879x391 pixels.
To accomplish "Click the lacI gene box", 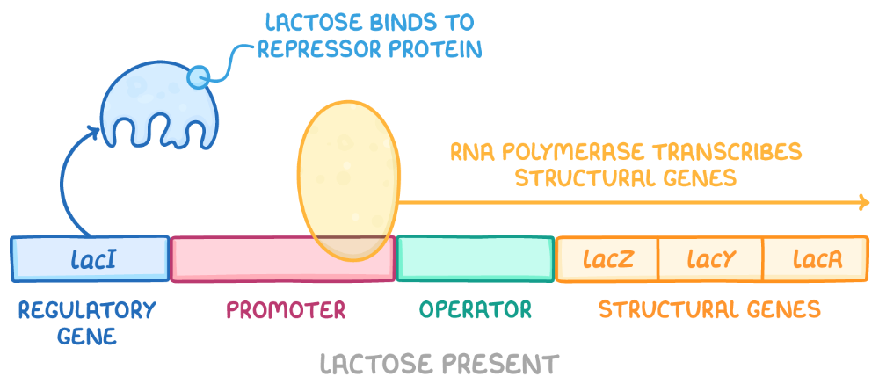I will coord(91,258).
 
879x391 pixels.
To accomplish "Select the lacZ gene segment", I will coord(607,259).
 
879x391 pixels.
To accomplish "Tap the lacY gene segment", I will coord(710,259).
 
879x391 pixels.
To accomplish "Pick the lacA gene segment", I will coord(817,259).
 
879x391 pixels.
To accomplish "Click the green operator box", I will coord(475,258).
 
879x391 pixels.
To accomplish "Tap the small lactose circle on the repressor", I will coord(199,77).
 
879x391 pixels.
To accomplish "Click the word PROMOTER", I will coord(287,310).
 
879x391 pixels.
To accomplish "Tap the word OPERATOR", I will coord(476,310).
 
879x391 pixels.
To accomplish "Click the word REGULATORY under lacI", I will coord(86,310).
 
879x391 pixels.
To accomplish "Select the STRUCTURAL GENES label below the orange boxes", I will coord(709,310).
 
